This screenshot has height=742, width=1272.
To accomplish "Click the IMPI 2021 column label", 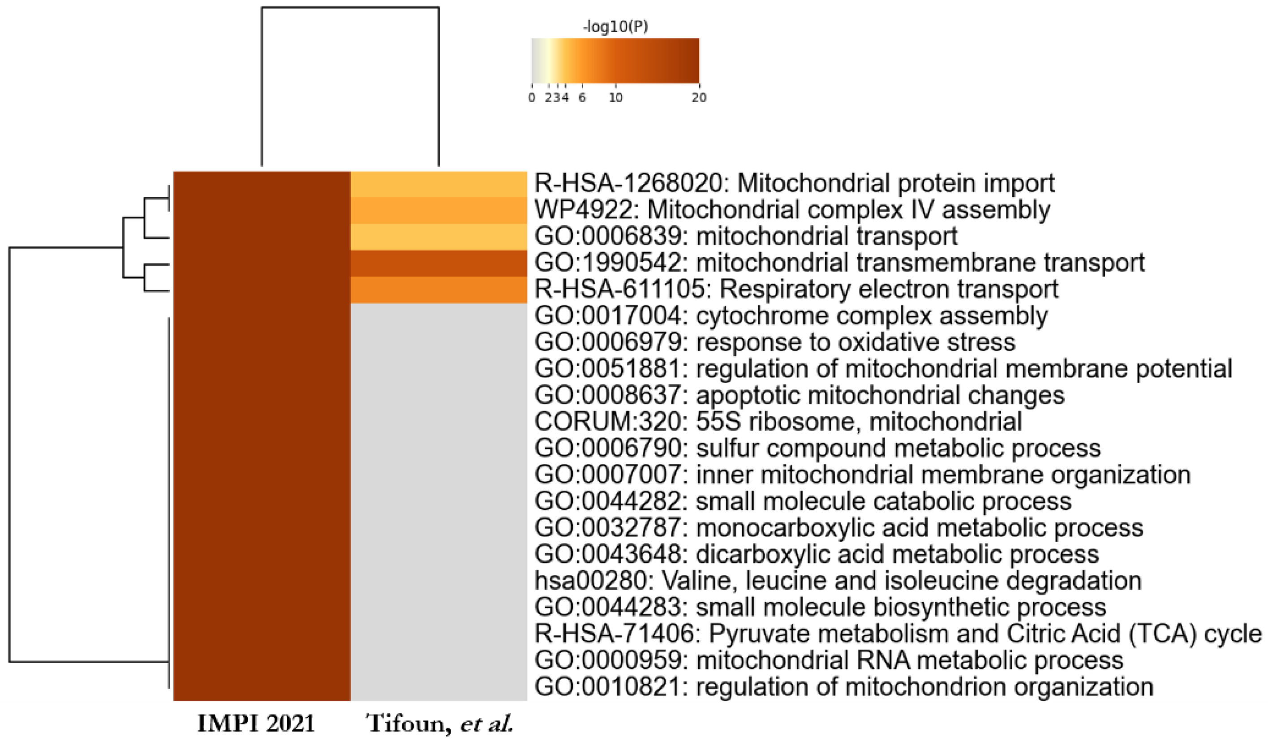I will (x=256, y=723).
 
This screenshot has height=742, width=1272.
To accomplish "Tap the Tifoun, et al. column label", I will (x=438, y=723).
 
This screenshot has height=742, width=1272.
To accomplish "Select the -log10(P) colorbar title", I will (x=615, y=27).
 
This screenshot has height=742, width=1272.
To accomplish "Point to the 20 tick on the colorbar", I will (x=699, y=98).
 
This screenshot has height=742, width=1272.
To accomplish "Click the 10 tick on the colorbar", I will (x=615, y=98).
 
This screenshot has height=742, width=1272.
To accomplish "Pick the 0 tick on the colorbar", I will (x=532, y=98).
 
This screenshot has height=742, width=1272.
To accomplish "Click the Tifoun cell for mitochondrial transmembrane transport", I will (x=438, y=263).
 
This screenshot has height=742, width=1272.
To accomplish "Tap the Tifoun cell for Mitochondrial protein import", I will (x=438, y=184).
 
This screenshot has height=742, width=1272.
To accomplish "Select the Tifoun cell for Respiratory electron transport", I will (x=438, y=290).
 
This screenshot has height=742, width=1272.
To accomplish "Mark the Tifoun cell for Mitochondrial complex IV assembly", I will (x=438, y=210).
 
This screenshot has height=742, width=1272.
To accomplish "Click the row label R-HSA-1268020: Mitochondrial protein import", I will (x=794, y=183).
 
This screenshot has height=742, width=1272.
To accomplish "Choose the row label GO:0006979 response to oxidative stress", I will (x=775, y=342).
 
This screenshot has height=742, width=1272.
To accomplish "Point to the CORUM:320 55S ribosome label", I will (x=778, y=422).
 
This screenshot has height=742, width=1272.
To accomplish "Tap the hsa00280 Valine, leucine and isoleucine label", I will (x=838, y=581).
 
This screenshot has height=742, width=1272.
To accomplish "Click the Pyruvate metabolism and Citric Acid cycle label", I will (x=898, y=634).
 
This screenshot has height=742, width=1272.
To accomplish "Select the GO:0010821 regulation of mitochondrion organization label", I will (x=844, y=687).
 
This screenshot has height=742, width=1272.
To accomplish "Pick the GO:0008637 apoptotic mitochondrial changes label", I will (x=799, y=396).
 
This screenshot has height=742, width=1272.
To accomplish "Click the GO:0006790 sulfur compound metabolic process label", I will (x=818, y=449).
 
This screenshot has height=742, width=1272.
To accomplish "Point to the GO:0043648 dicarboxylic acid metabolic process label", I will (x=816, y=555).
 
